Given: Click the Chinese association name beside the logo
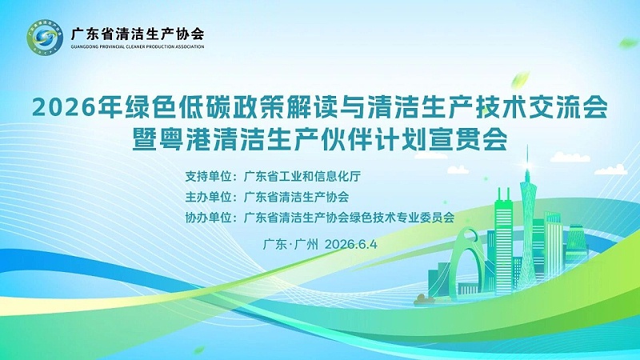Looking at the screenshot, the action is (x=137, y=33).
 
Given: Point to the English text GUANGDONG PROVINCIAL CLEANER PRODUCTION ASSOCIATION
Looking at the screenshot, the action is (x=137, y=47).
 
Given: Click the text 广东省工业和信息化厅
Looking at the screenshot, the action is (x=302, y=176).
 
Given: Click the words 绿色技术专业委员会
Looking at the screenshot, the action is (x=402, y=218).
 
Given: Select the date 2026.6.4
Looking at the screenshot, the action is (x=351, y=244).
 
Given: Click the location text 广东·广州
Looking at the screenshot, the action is (x=290, y=244).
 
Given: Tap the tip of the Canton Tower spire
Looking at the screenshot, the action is (x=527, y=146).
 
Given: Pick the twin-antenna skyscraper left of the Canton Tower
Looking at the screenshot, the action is (x=504, y=241).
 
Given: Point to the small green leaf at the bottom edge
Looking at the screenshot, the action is (x=199, y=350).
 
